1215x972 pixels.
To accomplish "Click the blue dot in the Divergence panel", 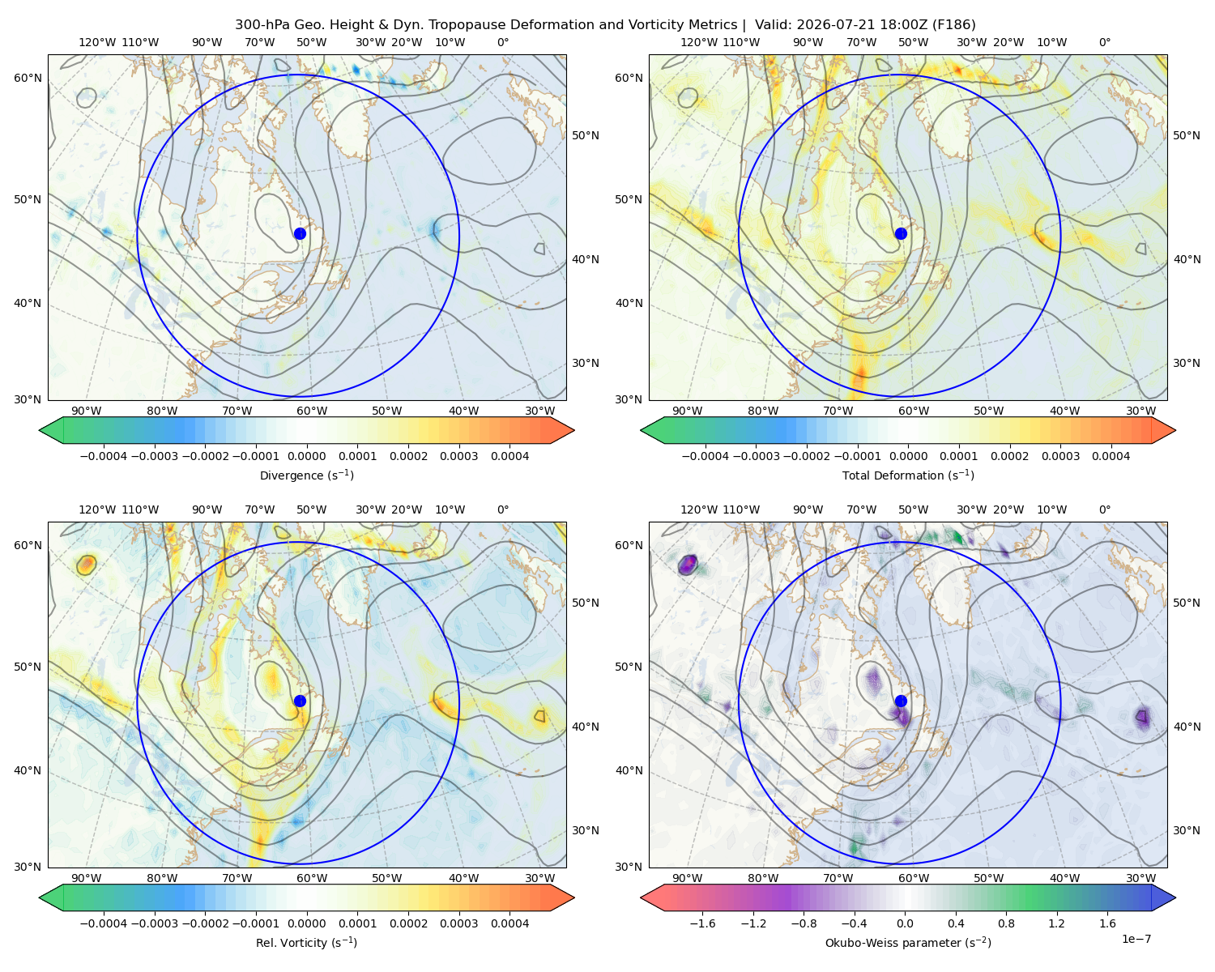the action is pyautogui.click(x=300, y=233).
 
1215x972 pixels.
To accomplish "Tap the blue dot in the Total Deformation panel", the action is pyautogui.click(x=901, y=233).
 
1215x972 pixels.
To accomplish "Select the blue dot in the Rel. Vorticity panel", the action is pyautogui.click(x=300, y=701).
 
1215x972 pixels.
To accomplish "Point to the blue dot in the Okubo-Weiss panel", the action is pyautogui.click(x=901, y=701).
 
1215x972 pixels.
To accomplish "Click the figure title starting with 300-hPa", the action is pyautogui.click(x=605, y=24).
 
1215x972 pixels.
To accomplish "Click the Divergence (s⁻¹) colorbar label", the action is pyautogui.click(x=306, y=475).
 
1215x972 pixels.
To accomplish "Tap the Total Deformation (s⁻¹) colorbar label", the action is pyautogui.click(x=908, y=475).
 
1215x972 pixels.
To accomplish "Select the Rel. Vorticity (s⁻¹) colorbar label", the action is pyautogui.click(x=306, y=942).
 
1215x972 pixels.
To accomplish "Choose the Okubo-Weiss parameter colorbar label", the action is pyautogui.click(x=908, y=942).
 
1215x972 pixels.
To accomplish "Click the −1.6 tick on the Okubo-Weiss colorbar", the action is pyautogui.click(x=702, y=923).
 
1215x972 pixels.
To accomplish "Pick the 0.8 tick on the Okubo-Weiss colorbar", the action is pyautogui.click(x=1006, y=923).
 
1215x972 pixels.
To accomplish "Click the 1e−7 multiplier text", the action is pyautogui.click(x=1136, y=939).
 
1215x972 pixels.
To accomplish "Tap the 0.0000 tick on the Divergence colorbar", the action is pyautogui.click(x=306, y=456).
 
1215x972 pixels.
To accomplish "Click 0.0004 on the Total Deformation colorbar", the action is pyautogui.click(x=1111, y=456).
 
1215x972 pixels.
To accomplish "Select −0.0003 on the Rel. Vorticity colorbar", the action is pyautogui.click(x=154, y=923).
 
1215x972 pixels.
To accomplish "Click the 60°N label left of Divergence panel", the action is pyautogui.click(x=28, y=78).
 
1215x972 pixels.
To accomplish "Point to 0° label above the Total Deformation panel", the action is pyautogui.click(x=1104, y=42).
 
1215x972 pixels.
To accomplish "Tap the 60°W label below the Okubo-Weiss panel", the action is pyautogui.click(x=913, y=878).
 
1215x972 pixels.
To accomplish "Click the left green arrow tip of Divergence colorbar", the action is pyautogui.click(x=40, y=430).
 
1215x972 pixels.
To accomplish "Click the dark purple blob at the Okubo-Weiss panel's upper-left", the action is pyautogui.click(x=688, y=565).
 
